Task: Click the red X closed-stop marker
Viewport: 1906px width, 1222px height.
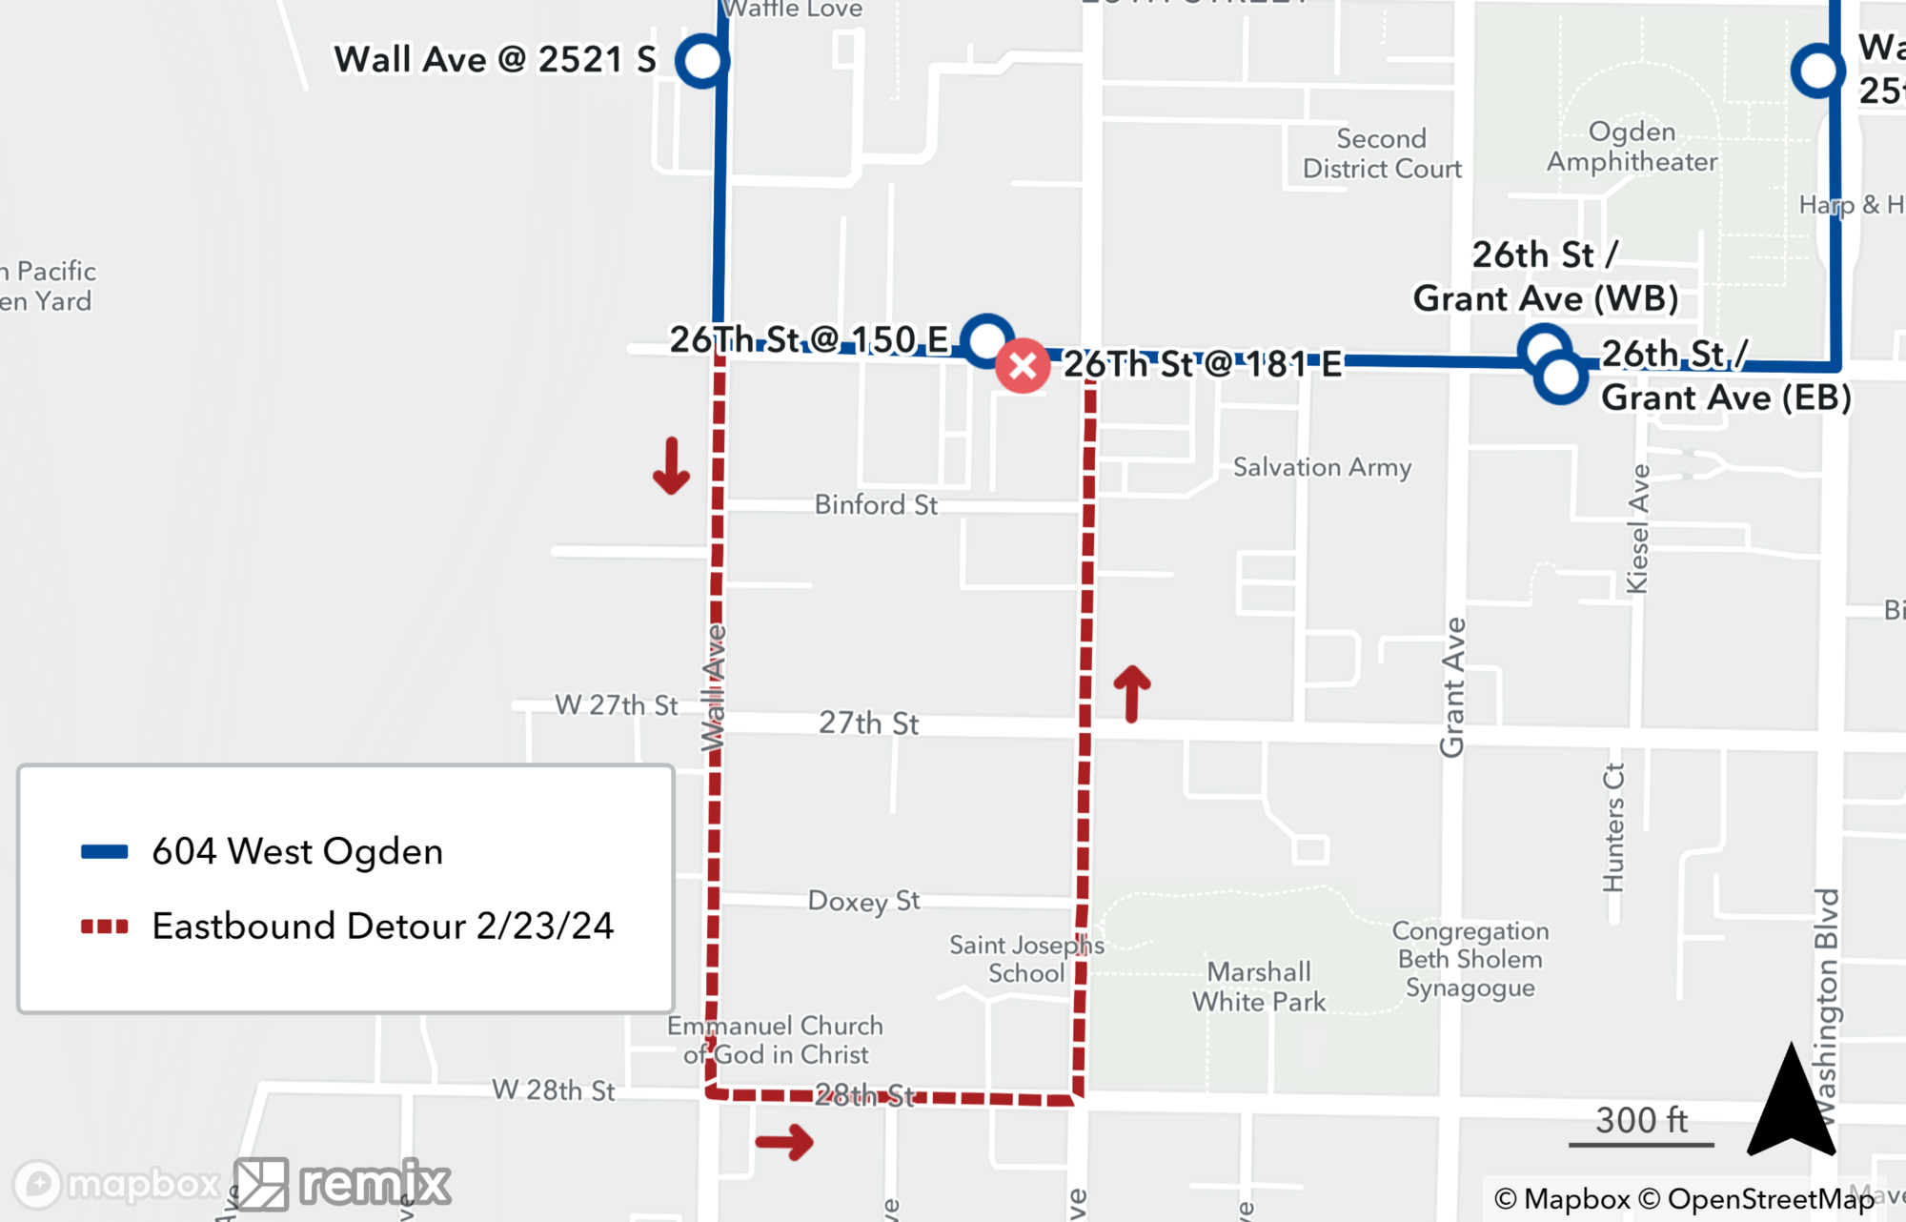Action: tap(1023, 365)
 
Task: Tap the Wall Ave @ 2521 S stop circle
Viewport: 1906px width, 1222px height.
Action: tap(702, 61)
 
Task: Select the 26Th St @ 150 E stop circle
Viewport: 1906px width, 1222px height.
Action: tap(986, 339)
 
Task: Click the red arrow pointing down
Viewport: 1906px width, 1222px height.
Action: tap(671, 466)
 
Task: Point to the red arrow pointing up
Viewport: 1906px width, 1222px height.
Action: tap(1132, 692)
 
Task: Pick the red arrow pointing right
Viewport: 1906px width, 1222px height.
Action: tap(784, 1141)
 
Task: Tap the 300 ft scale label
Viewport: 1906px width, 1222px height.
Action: tap(1641, 1120)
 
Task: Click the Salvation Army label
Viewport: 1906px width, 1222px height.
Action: tap(1322, 467)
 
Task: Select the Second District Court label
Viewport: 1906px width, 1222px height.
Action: tap(1382, 153)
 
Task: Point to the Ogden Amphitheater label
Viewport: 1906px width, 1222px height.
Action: tap(1632, 147)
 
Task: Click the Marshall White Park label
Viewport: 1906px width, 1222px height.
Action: tap(1259, 987)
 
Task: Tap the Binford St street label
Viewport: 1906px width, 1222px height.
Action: tap(876, 504)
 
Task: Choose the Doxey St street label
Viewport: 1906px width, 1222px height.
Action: tap(863, 901)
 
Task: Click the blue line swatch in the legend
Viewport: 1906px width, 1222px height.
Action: tap(105, 852)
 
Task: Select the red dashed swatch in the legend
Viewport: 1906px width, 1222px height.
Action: tap(105, 927)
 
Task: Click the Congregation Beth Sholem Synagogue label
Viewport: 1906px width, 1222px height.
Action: tap(1470, 959)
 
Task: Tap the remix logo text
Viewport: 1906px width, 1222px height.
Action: tap(375, 1183)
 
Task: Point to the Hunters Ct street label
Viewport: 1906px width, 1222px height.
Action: tap(1612, 827)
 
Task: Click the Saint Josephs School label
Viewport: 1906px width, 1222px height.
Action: tap(1026, 959)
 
